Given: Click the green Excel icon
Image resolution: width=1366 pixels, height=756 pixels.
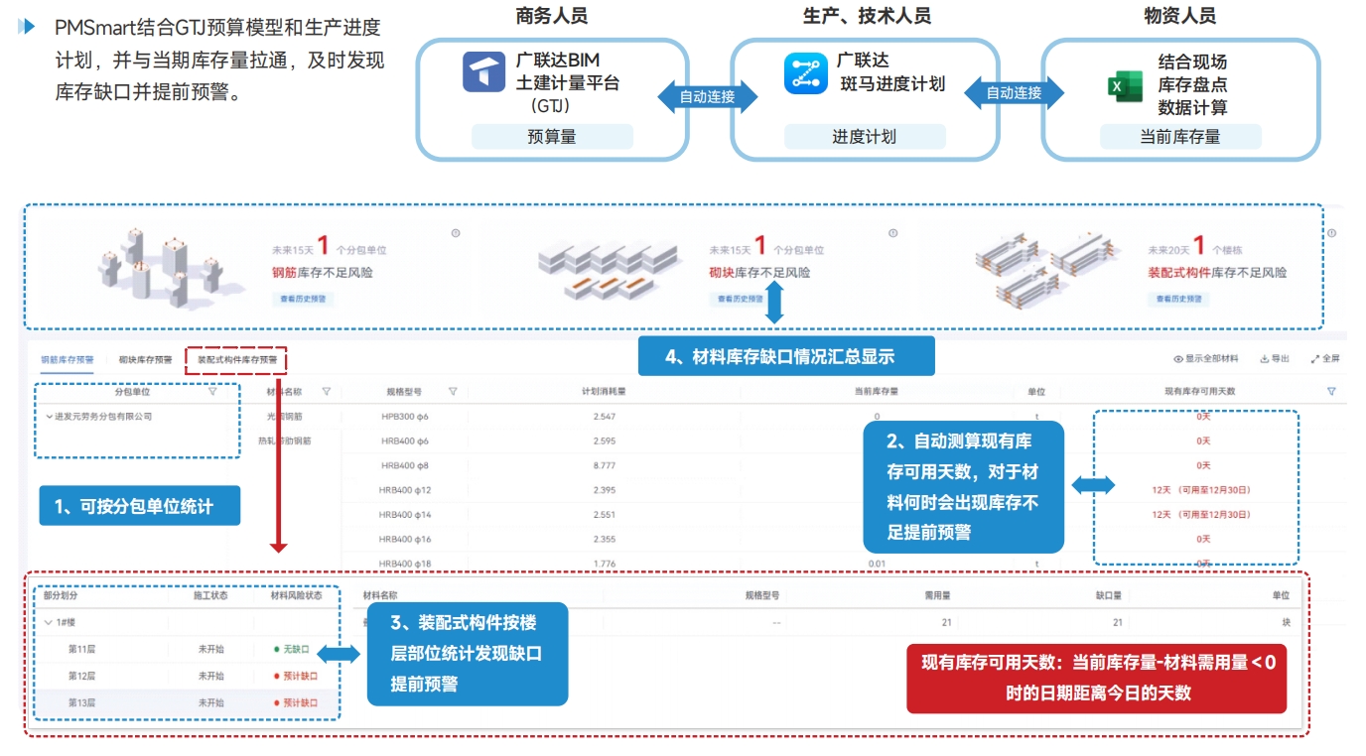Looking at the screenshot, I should [x=1125, y=86].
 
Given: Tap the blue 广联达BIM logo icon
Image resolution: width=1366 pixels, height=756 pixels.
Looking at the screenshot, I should [x=484, y=72].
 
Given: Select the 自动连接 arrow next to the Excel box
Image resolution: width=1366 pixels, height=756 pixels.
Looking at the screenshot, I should [x=1013, y=93].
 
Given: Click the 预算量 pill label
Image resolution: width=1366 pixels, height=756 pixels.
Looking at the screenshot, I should [x=552, y=137].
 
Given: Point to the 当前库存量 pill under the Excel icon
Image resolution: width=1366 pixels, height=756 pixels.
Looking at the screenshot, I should [x=1179, y=137].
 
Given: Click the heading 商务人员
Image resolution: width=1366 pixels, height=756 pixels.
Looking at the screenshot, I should [x=551, y=16].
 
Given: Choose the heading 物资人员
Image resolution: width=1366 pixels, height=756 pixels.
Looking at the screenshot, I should [x=1179, y=16].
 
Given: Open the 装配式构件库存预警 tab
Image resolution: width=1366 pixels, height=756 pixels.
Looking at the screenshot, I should [x=237, y=359].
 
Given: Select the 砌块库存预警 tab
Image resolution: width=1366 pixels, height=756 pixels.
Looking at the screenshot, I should [x=145, y=359].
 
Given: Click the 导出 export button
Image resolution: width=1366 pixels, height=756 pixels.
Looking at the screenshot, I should [x=1275, y=359].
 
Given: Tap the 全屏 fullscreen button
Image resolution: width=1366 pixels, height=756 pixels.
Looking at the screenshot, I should [x=1325, y=359].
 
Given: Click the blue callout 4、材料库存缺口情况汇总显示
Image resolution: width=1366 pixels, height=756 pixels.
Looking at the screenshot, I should [x=785, y=356].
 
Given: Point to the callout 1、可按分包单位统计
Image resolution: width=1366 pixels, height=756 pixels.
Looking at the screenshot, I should [x=139, y=506].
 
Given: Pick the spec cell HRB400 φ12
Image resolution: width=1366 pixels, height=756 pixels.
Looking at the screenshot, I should [x=405, y=490].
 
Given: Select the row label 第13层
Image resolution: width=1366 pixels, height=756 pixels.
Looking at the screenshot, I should [x=81, y=702].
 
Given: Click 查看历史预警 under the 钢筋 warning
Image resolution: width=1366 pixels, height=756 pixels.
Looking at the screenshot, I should [x=303, y=298].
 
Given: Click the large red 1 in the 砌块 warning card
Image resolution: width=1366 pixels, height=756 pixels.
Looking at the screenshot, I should [x=759, y=246].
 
